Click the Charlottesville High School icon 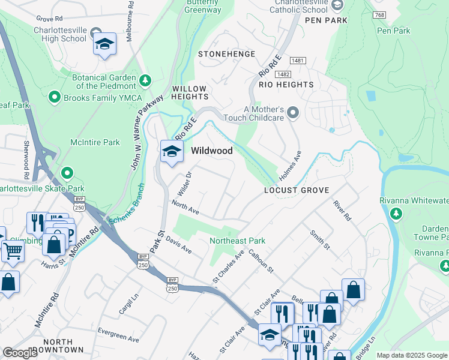(x=105, y=44)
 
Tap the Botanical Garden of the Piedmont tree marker (x=145, y=80)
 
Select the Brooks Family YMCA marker (x=55, y=97)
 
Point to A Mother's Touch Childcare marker (x=292, y=113)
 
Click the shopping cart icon (x=13, y=250)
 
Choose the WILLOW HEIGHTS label (x=190, y=92)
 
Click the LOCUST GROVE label (x=297, y=190)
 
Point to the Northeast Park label (x=237, y=241)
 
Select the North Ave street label (x=185, y=206)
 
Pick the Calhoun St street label (x=261, y=262)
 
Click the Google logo (x=20, y=353)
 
